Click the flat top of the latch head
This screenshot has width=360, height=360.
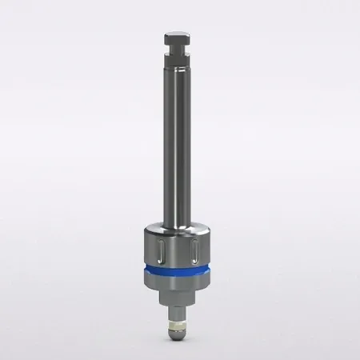(x=179, y=34)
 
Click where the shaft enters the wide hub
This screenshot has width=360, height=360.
(x=180, y=226)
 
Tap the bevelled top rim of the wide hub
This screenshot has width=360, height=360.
(x=180, y=232)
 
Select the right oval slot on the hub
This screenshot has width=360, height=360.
(x=196, y=251)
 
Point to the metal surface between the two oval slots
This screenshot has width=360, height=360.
(x=180, y=251)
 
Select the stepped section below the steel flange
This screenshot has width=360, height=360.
(x=180, y=298)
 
